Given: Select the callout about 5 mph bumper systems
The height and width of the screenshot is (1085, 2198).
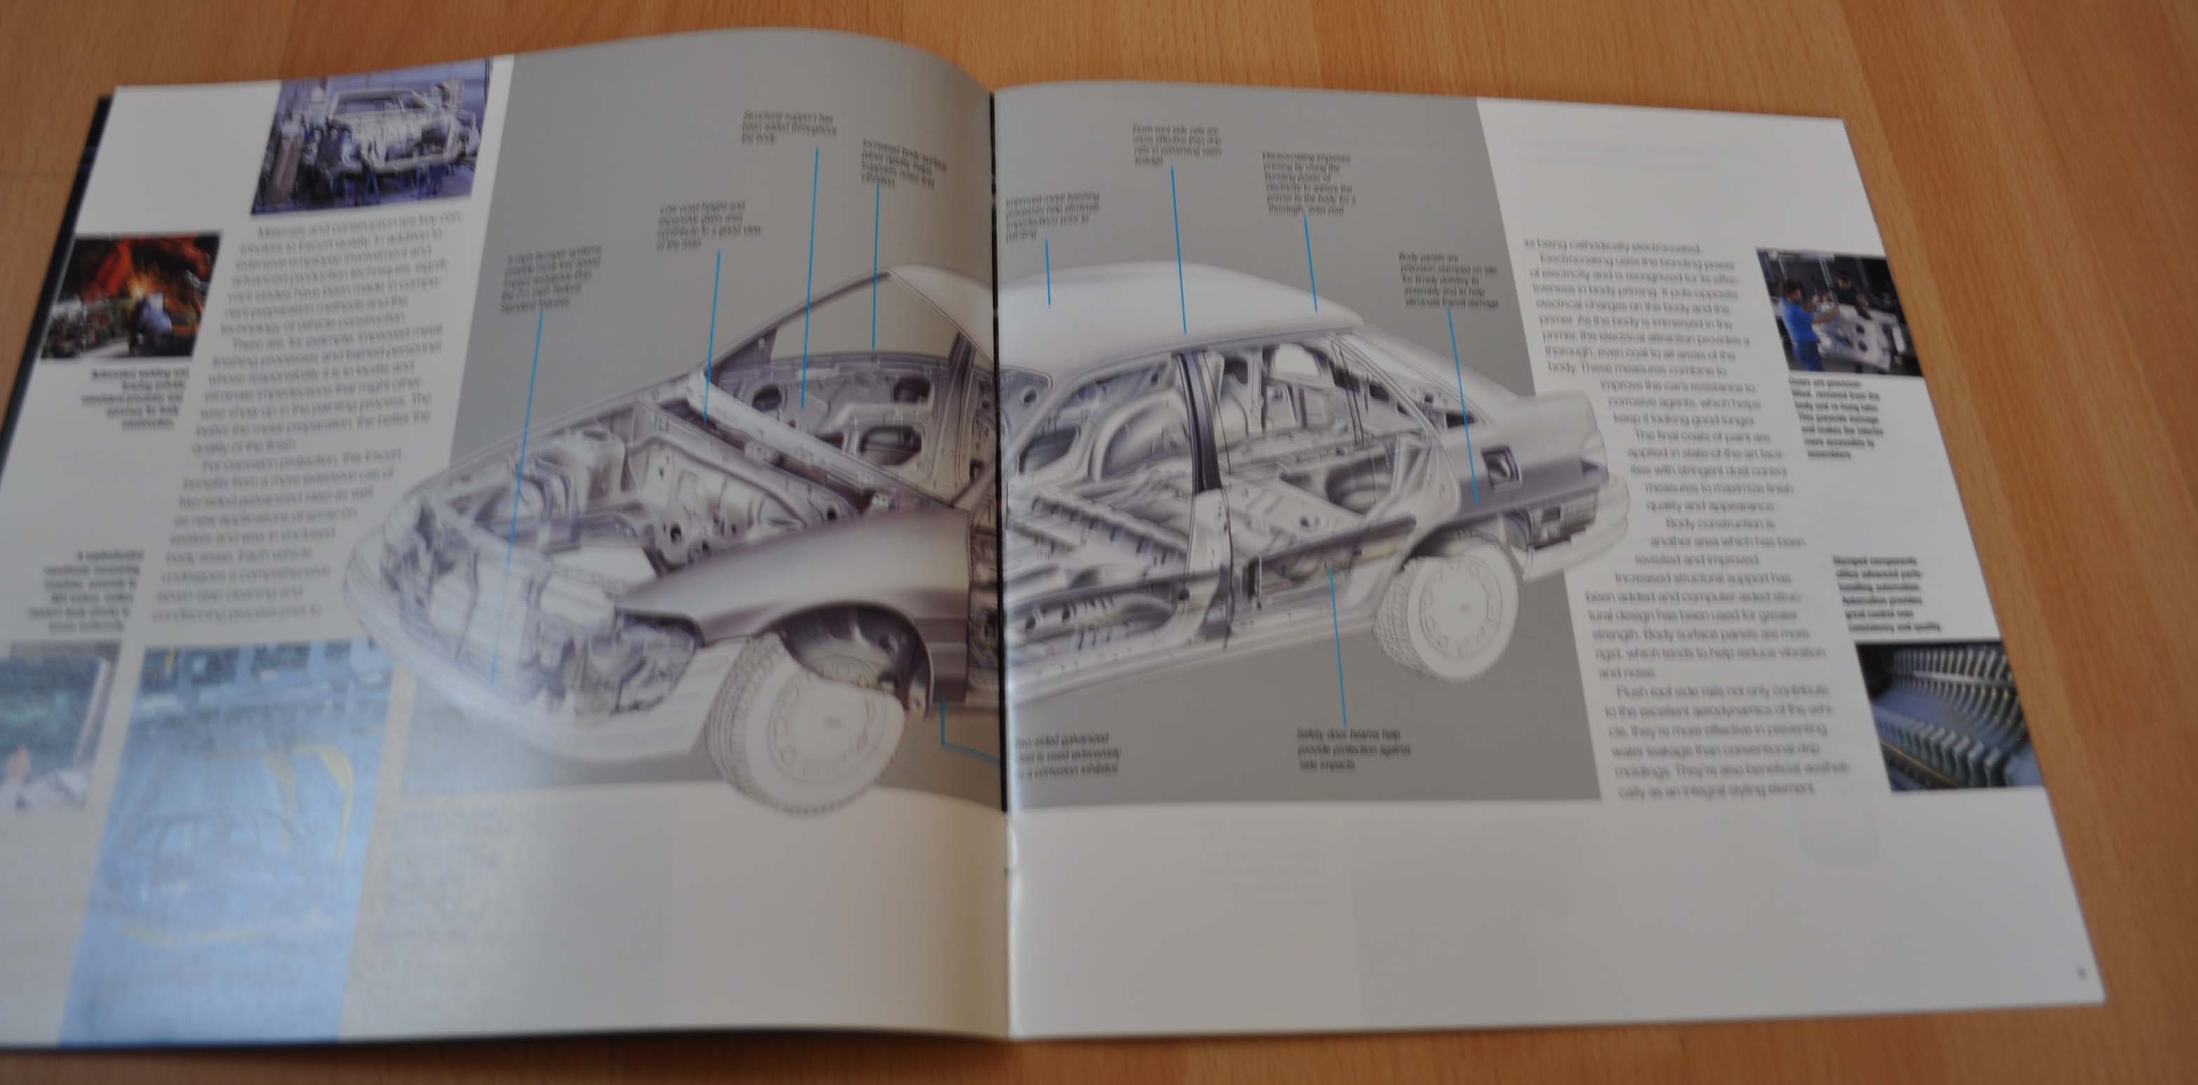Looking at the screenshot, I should pos(551,282).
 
